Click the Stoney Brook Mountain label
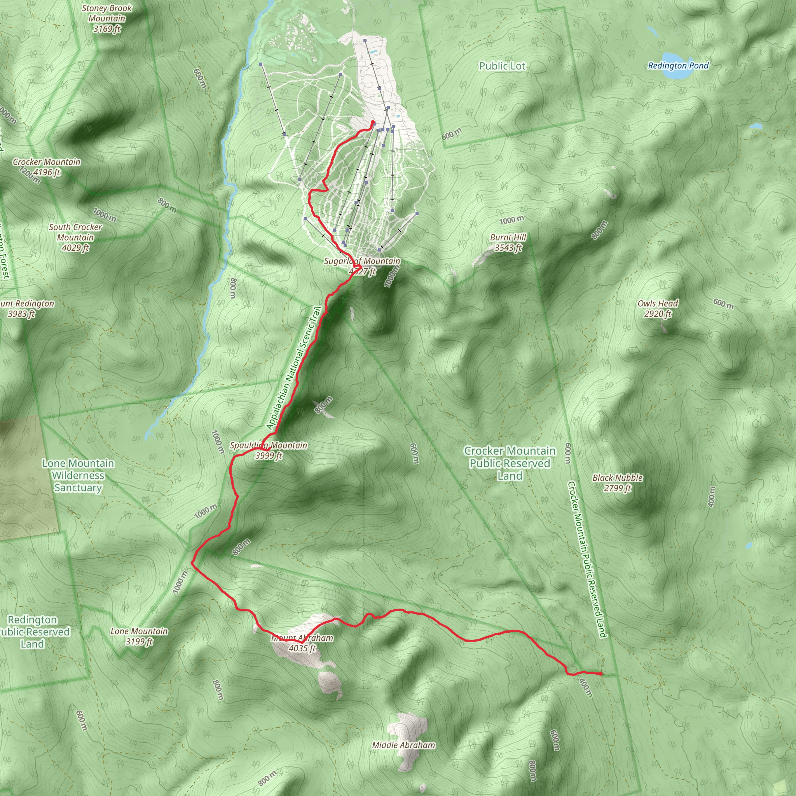[x=107, y=19]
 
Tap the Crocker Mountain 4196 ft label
[x=47, y=167]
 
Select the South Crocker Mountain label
[x=75, y=237]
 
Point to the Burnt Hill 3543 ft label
[x=508, y=242]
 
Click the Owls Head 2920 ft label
[x=658, y=309]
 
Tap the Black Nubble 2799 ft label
[x=617, y=483]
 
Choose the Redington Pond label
[x=678, y=66]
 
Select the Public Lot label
[x=502, y=66]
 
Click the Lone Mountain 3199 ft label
[x=139, y=636]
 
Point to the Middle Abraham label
[x=403, y=745]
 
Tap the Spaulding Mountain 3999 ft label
[x=269, y=450]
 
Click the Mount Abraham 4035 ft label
[x=302, y=643]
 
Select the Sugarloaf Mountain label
[x=362, y=266]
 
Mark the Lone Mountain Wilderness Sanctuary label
[x=78, y=475]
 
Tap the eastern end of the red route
[x=601, y=674]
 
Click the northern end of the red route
[x=372, y=122]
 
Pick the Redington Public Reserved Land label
[x=33, y=632]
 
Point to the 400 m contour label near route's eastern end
[x=585, y=688]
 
